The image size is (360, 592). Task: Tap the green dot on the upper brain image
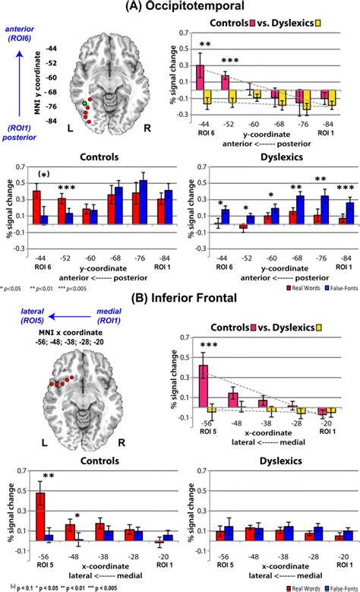click(x=84, y=102)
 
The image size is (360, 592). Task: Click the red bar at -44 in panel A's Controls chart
click(x=36, y=207)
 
